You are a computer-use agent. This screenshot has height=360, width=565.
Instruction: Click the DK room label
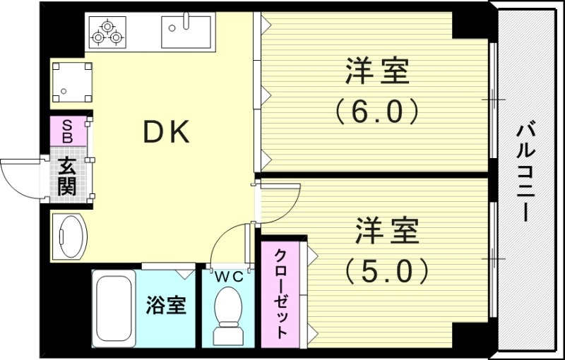pos(167,132)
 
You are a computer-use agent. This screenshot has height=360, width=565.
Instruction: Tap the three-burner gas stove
pos(107,32)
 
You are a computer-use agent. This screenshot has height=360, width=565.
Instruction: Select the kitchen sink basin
pos(186,32)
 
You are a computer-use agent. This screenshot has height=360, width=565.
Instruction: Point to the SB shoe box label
pos(68,131)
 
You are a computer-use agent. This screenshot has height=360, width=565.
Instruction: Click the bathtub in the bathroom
pos(113,307)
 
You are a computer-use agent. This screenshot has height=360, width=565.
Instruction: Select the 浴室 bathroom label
pos(167,306)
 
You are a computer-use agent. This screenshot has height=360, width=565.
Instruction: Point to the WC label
pos(229,277)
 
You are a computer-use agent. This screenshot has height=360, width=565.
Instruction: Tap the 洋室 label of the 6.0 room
pos(377,72)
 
